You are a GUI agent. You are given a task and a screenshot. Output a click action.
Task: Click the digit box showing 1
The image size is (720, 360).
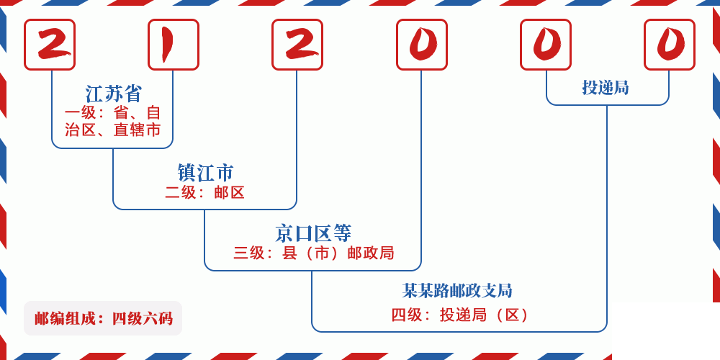[x=174, y=45]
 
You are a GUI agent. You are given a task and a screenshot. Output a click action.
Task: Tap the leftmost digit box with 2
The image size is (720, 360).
[x=50, y=45]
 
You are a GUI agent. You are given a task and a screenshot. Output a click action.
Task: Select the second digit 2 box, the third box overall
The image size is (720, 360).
[x=297, y=45]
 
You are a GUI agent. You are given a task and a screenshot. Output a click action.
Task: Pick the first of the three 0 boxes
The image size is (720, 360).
[x=422, y=45]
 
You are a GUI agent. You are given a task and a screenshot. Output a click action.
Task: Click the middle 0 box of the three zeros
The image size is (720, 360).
[x=546, y=45]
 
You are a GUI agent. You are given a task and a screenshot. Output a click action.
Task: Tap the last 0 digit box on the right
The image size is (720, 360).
[x=670, y=45]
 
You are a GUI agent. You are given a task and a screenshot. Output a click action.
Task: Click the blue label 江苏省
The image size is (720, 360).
[x=114, y=94]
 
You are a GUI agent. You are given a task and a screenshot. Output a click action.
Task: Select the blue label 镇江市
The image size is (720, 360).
[x=205, y=173]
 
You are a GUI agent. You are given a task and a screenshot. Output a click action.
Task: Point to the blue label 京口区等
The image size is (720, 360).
[x=313, y=233]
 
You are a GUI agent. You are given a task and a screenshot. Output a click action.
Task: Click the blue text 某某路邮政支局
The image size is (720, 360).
[x=457, y=291]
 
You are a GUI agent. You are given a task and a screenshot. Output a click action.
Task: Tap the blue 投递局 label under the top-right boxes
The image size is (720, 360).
[x=606, y=88]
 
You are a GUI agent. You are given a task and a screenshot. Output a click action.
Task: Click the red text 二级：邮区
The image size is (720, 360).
[x=205, y=192]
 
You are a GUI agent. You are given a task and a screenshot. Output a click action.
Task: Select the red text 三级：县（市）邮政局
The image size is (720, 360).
[x=313, y=253]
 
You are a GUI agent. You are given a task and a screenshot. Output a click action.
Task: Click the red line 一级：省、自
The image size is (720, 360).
[x=114, y=113]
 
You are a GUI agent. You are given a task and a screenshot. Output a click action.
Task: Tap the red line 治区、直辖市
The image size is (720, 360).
[x=114, y=130]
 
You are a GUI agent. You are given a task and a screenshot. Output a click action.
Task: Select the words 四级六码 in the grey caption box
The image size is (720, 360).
[x=143, y=318]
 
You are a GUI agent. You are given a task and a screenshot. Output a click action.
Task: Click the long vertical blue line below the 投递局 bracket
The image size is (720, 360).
[x=607, y=216]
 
